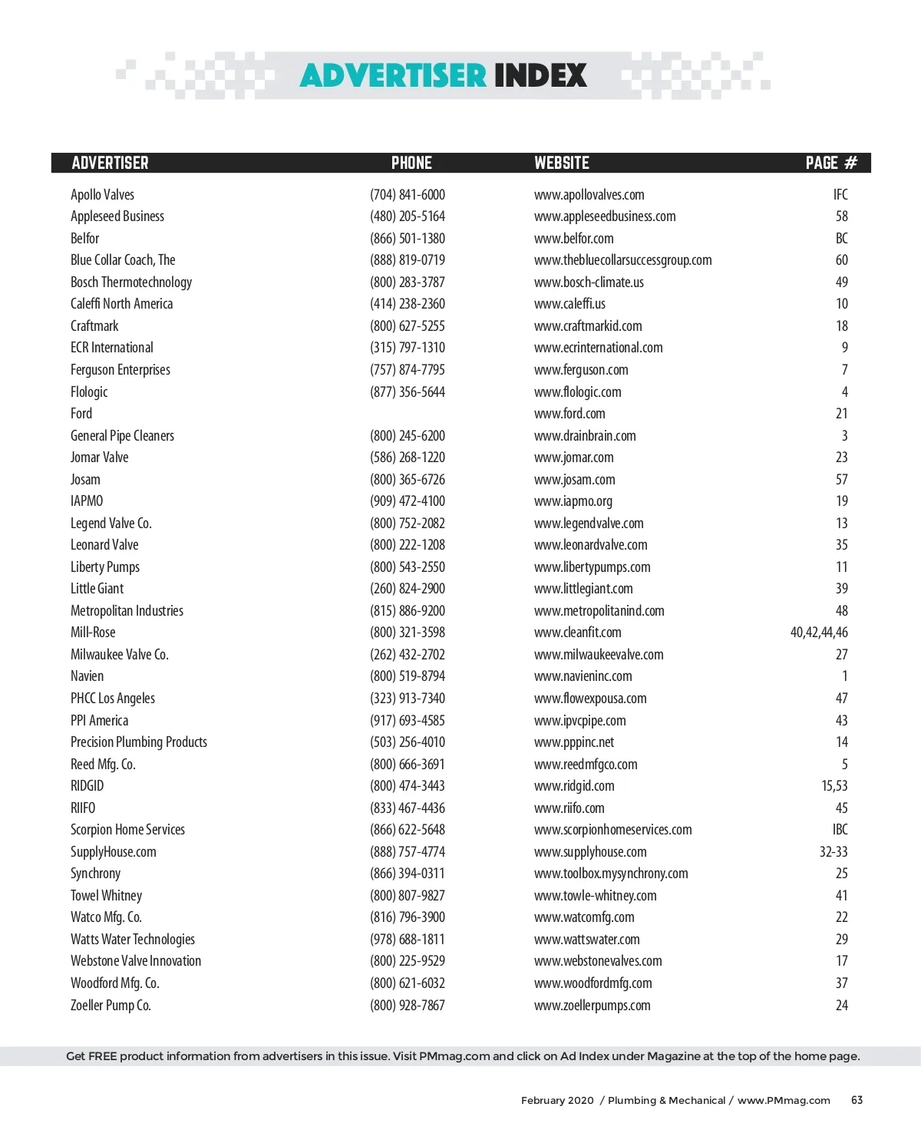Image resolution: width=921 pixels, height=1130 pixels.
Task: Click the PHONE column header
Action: tap(411, 163)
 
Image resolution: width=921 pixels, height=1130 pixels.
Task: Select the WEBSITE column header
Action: tap(562, 163)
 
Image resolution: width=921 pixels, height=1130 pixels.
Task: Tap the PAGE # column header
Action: tap(831, 163)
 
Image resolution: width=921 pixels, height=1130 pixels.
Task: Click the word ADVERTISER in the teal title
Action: tap(393, 75)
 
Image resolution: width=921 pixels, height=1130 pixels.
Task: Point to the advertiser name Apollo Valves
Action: tap(102, 195)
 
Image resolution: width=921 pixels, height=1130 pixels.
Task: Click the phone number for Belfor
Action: tap(407, 239)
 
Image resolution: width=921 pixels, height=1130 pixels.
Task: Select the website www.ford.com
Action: tap(569, 414)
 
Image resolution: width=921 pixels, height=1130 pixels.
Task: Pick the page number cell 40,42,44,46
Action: tap(819, 633)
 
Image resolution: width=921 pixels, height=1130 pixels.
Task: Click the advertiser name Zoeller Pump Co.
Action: tap(111, 1006)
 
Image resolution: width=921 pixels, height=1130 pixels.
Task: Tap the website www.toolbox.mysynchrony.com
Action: tap(611, 874)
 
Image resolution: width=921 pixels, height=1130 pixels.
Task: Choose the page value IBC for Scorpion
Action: tap(840, 830)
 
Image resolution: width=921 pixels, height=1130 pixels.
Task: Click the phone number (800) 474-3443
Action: tap(407, 786)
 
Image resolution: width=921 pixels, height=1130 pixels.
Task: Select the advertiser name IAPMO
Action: tap(87, 501)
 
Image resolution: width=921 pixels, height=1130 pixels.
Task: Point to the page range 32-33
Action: tap(834, 852)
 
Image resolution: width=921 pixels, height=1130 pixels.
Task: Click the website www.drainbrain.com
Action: tap(585, 436)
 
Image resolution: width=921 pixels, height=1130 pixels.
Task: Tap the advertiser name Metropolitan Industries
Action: tap(127, 611)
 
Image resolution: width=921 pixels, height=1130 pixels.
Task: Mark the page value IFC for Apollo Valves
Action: tap(840, 195)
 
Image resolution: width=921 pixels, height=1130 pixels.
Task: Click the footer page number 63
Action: tap(857, 1100)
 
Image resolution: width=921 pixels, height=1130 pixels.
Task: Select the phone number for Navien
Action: tap(407, 676)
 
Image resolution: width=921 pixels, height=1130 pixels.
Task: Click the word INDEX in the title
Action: tap(540, 75)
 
